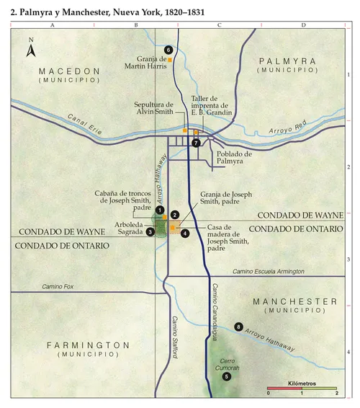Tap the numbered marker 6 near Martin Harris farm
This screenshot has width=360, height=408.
168,50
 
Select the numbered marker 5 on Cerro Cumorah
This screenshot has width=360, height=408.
227,376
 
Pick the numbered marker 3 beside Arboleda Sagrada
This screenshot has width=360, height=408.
150,231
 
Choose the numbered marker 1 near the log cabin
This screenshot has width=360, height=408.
160,209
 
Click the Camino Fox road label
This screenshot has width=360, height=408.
58,287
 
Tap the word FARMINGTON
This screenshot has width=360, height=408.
89,345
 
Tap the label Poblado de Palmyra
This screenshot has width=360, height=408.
234,158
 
